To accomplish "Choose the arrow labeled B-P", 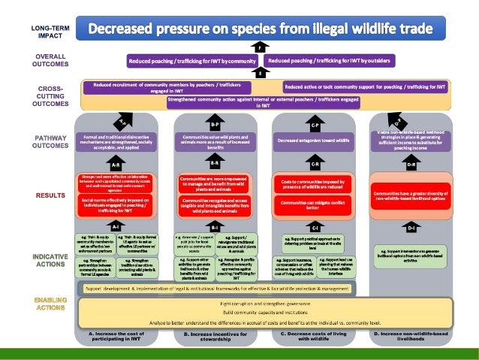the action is click(215, 124).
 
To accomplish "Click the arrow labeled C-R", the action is click(315, 163).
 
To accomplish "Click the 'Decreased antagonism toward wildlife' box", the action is click(314, 141).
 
